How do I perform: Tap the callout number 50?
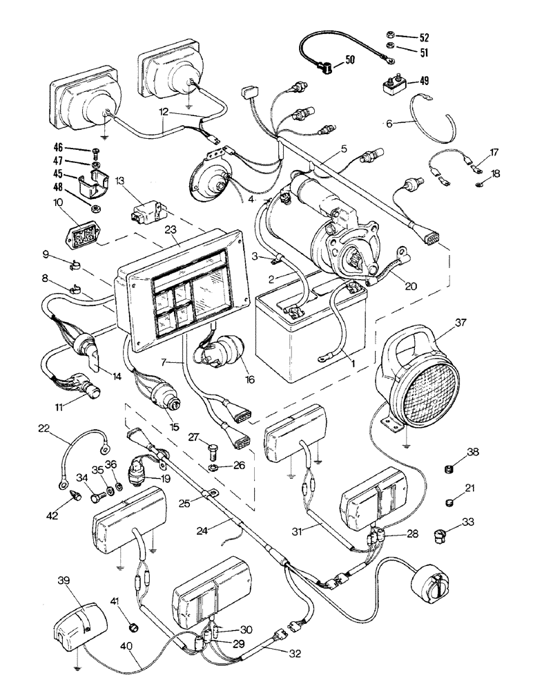point(350,61)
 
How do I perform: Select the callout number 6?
point(389,124)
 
